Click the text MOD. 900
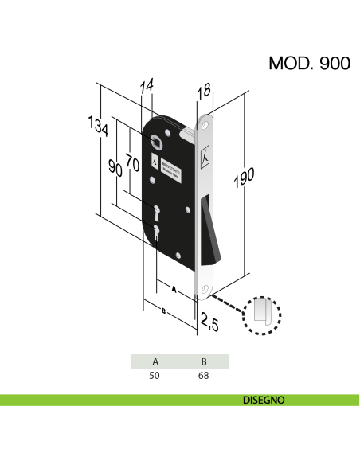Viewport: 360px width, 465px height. click(x=309, y=64)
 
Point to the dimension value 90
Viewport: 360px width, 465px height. click(x=115, y=169)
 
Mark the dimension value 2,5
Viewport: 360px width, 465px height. click(x=209, y=322)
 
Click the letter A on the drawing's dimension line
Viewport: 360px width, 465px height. click(x=172, y=287)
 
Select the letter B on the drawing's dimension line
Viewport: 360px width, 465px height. click(x=162, y=311)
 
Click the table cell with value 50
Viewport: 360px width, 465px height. click(x=155, y=375)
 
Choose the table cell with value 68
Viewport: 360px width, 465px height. click(x=204, y=375)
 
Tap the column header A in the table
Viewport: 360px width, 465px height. click(x=155, y=361)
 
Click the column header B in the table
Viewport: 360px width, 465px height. click(x=204, y=361)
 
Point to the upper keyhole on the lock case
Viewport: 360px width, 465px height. click(x=156, y=213)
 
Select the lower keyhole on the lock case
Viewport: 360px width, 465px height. click(x=157, y=234)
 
